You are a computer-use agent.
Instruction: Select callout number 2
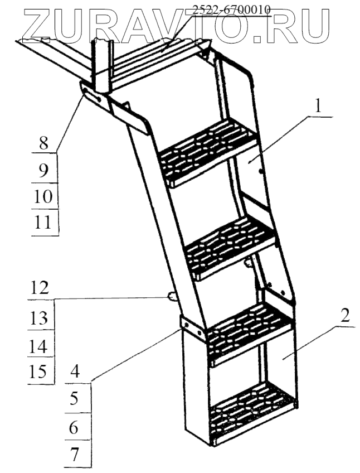(345, 316)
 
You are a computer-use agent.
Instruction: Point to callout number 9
(43, 171)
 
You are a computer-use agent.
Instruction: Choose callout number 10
(43, 196)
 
